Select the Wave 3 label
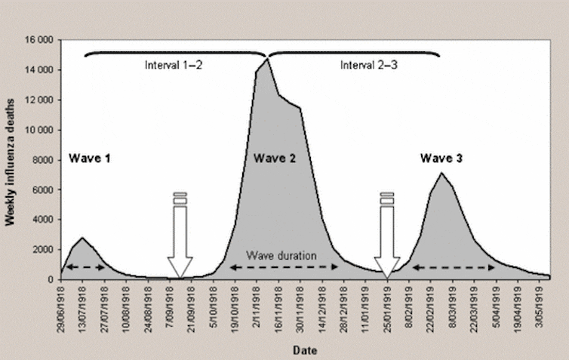[441, 158]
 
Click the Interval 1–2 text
[174, 64]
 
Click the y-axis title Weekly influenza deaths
[11, 159]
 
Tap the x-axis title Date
[305, 349]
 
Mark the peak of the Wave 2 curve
[266, 59]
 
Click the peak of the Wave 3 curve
[441, 174]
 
